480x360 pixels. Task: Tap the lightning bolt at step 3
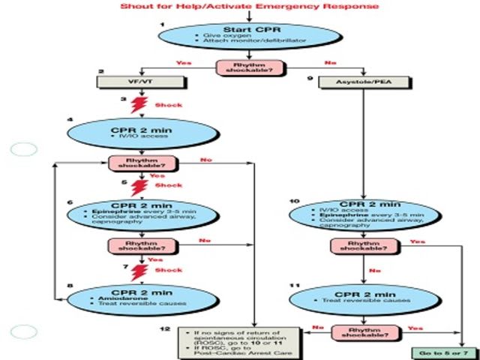tap(138, 105)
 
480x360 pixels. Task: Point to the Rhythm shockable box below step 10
tap(364, 245)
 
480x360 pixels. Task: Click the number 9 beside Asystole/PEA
tap(310, 76)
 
